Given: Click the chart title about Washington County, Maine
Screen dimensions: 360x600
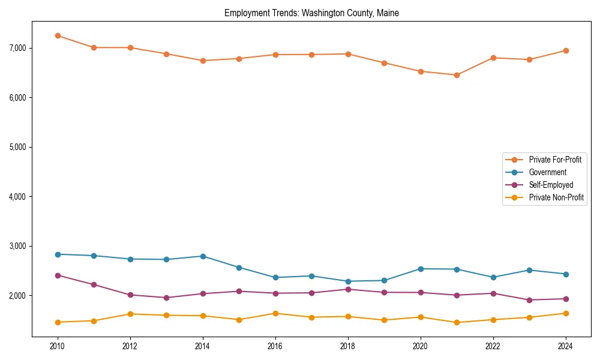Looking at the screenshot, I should (x=311, y=13).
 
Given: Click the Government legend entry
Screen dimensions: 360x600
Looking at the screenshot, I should (x=547, y=172).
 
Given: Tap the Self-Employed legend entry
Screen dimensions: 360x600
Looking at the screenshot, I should (x=551, y=185).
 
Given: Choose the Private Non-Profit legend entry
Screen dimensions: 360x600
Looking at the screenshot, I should (x=556, y=197).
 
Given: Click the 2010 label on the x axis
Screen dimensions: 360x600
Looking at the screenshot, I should (x=58, y=346).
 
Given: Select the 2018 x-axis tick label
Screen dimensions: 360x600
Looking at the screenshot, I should (x=347, y=346).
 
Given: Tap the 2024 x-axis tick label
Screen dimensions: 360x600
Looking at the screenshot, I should (x=565, y=346).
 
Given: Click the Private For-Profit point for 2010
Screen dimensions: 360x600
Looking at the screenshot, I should (x=58, y=35).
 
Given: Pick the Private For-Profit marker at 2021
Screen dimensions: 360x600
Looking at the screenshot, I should (x=457, y=75).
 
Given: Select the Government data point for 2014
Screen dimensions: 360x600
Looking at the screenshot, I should (x=203, y=256).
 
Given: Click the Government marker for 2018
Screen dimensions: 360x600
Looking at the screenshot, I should (x=347, y=281).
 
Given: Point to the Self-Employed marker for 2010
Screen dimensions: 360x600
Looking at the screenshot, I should (x=58, y=275).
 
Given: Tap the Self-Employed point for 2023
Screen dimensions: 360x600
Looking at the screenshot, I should (x=529, y=300).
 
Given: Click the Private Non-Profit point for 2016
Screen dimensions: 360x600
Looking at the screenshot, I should (x=275, y=313).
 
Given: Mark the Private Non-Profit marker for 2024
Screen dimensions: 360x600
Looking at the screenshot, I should (x=565, y=313).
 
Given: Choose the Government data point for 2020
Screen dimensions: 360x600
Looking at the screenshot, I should (x=420, y=269).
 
